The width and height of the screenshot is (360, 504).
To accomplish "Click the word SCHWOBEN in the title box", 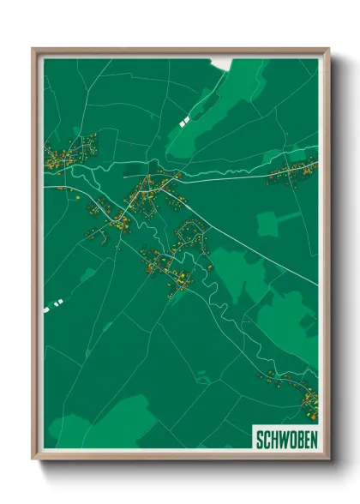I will point(285,440).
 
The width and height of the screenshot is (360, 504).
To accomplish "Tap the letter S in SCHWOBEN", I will point(260,440).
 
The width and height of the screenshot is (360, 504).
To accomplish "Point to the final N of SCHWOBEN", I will point(311,440).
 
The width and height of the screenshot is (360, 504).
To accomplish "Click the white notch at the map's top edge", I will point(222,63).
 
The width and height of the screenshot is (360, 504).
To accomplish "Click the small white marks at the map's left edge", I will point(55,302).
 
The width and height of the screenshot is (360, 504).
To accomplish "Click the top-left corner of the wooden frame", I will point(33,49).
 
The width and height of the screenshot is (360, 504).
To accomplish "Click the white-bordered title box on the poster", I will point(285,440).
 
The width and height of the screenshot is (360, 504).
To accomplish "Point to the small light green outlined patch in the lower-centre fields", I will point(202,375).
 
